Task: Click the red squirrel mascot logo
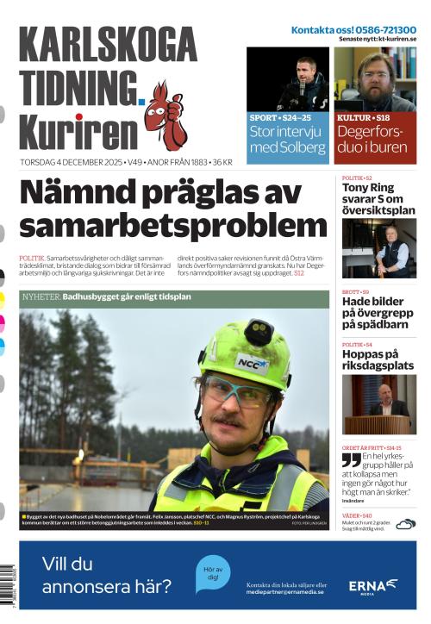click(x=165, y=115)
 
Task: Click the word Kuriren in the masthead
click(x=78, y=132)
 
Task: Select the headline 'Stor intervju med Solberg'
click(x=288, y=140)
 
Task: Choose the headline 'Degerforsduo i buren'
click(x=375, y=140)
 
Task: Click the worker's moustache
click(x=227, y=421)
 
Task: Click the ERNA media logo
click(x=372, y=586)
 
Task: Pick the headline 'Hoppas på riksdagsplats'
click(x=378, y=359)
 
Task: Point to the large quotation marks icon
click(x=351, y=460)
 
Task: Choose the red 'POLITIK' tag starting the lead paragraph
click(x=31, y=259)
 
